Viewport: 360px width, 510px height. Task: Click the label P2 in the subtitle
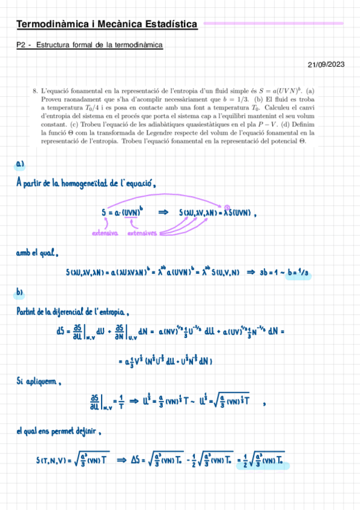point(22,45)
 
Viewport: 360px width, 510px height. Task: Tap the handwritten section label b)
point(20,293)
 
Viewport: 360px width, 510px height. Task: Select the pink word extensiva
point(105,232)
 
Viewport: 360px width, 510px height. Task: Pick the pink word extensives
point(142,232)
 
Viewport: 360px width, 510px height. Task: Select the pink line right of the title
point(273,23)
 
